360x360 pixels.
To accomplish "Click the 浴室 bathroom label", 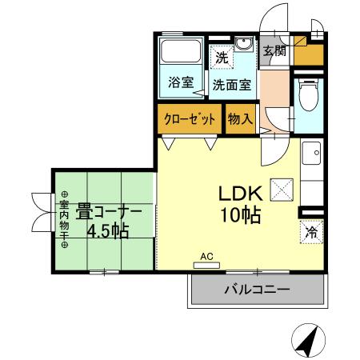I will pyautogui.click(x=181, y=82).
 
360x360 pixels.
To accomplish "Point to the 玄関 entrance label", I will pyautogui.click(x=274, y=51).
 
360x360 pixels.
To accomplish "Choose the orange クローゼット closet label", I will pyautogui.click(x=190, y=119).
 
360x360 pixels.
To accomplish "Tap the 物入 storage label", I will pyautogui.click(x=240, y=119).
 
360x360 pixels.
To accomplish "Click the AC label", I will pyautogui.click(x=206, y=256).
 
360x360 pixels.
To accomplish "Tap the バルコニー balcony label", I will pyautogui.click(x=258, y=289).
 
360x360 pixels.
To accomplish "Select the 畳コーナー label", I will pyautogui.click(x=110, y=213).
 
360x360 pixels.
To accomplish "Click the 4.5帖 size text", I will pyautogui.click(x=108, y=232).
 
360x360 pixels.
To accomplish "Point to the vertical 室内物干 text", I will pyautogui.click(x=63, y=218).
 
